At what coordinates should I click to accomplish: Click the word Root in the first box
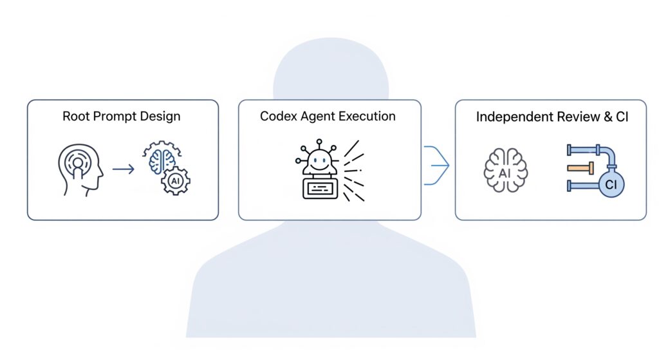pos(76,116)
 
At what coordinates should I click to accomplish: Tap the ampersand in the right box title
pos(608,117)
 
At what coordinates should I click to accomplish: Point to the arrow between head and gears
pos(124,169)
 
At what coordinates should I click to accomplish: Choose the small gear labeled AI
pos(176,181)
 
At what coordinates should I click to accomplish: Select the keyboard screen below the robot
pos(320,189)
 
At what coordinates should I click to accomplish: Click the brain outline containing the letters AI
pos(506,170)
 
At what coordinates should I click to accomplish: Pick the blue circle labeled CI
pos(611,184)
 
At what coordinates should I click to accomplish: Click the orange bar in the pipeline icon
pos(580,168)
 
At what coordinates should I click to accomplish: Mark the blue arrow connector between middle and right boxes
pos(437,166)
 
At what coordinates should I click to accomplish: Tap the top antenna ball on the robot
pos(319,142)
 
